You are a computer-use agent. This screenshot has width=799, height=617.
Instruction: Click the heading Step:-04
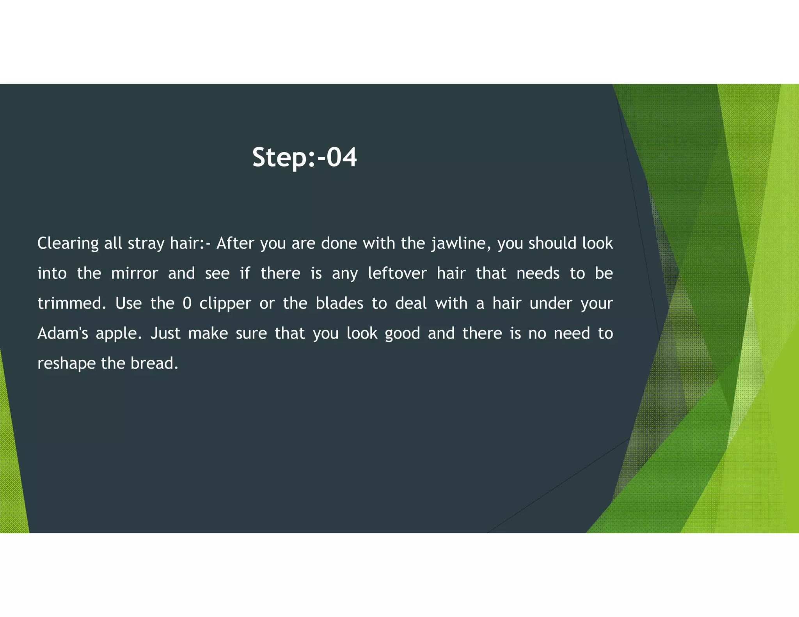click(304, 157)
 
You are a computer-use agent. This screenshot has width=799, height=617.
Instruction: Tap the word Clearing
click(68, 244)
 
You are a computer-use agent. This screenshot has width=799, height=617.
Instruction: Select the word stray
click(146, 244)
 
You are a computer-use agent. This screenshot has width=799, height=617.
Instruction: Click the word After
click(235, 243)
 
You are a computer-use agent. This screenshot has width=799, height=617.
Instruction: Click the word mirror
click(135, 273)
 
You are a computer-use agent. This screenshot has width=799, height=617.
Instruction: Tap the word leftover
click(397, 273)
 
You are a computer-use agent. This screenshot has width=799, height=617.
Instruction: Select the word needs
click(538, 273)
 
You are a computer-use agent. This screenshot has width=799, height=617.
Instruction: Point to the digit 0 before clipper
click(187, 303)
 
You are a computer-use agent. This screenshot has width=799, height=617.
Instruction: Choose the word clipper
click(225, 304)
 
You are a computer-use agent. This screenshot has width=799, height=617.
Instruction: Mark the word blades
click(339, 303)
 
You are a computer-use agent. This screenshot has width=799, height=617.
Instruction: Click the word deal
click(411, 303)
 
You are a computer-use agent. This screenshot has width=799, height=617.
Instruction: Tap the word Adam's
click(63, 333)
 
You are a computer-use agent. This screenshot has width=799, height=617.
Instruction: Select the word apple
click(119, 334)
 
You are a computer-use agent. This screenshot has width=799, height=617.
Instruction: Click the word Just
click(165, 333)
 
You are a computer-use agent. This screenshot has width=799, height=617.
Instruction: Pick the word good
click(402, 334)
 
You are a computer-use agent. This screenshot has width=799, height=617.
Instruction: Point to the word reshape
click(66, 364)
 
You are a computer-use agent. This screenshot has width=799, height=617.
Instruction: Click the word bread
click(154, 363)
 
